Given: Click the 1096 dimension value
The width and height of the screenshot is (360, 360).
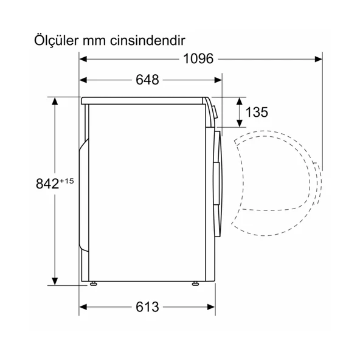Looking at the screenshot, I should point(198,59).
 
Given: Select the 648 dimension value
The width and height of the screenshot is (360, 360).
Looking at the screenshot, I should point(147,80).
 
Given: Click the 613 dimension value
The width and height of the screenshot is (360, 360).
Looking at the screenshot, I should point(147,307).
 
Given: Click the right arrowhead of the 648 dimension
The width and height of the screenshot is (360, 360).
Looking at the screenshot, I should point(218,80).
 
